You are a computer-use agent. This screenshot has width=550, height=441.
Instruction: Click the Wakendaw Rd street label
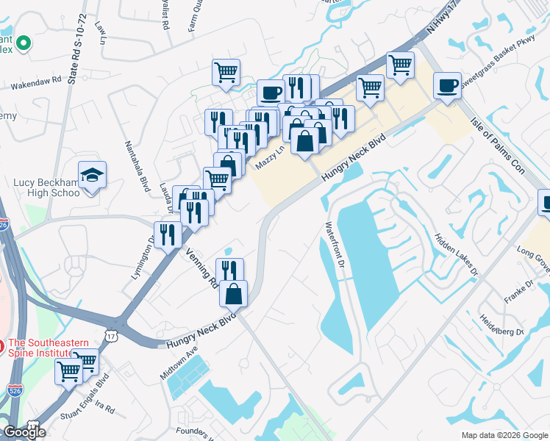tap(35, 82)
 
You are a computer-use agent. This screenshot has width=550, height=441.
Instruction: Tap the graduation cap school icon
tap(92, 176)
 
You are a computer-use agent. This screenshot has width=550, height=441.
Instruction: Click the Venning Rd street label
tap(200, 266)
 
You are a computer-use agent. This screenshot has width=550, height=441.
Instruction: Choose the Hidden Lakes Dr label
tap(457, 251)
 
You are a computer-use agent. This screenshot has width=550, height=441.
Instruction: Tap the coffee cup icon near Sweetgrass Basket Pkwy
tap(447, 86)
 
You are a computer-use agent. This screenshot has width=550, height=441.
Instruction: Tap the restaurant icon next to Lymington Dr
tap(168, 234)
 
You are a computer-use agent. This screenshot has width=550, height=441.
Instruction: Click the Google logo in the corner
tap(24, 431)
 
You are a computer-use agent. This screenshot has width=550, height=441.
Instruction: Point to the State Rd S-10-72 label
tap(77, 49)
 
